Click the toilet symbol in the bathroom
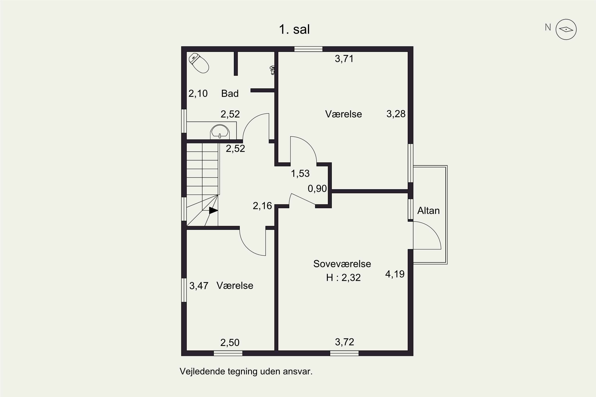point(199,63)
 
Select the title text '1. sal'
point(294,29)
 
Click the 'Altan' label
point(428,211)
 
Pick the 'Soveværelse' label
point(342,264)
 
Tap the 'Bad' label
point(230,93)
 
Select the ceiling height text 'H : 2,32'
point(343,278)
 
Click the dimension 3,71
point(344,59)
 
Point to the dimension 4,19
point(395,274)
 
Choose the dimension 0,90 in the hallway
point(317,189)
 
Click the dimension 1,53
point(300,173)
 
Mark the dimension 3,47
point(199,286)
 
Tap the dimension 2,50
point(230,343)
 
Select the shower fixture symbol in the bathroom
point(272,70)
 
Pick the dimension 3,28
point(396,114)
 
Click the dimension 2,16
point(262,206)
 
